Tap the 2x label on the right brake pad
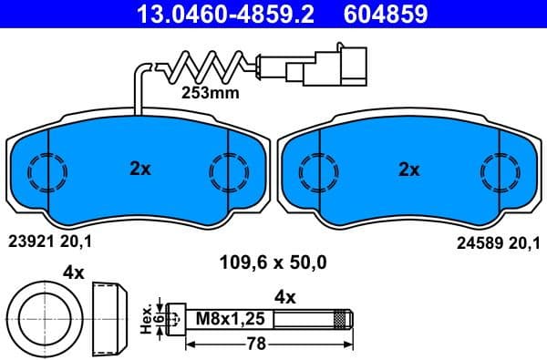pyautogui.click(x=408, y=169)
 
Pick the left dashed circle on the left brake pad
pyautogui.click(x=43, y=170)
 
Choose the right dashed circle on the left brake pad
pyautogui.click(x=224, y=170)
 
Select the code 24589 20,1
pyautogui.click(x=496, y=243)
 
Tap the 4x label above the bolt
pyautogui.click(x=285, y=295)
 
